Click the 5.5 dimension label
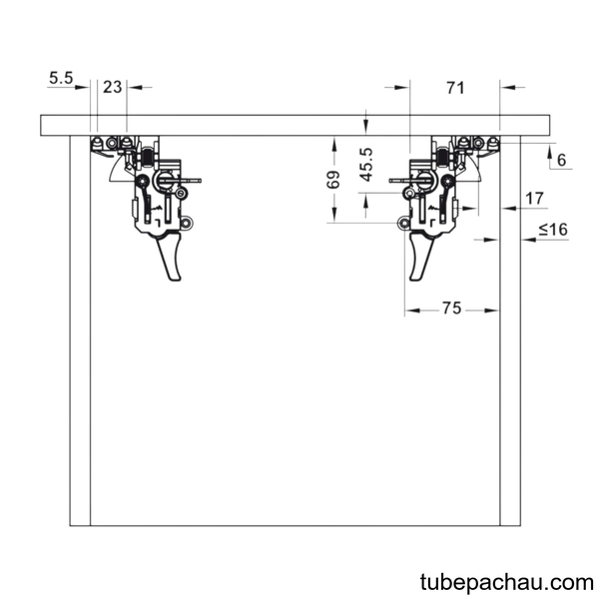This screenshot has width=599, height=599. pyautogui.click(x=61, y=78)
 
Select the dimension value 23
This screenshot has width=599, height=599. pyautogui.click(x=112, y=87)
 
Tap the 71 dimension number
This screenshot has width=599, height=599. pyautogui.click(x=455, y=88)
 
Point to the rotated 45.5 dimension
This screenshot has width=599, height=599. pyautogui.click(x=366, y=165)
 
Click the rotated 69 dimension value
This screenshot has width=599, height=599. pyautogui.click(x=333, y=180)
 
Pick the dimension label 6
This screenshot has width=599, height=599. pyautogui.click(x=561, y=160)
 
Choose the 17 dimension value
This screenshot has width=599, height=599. pyautogui.click(x=534, y=199)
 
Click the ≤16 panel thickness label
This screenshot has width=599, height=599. pyautogui.click(x=553, y=230)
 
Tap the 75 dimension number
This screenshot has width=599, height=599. pyautogui.click(x=452, y=307)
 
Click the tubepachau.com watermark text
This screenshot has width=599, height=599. pyautogui.click(x=506, y=583)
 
